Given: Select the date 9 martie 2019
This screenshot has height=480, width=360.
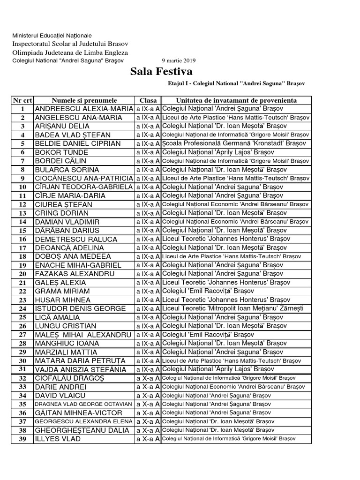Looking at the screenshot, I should tap(179, 60).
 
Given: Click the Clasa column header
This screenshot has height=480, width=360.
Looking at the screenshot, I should tap(148, 100).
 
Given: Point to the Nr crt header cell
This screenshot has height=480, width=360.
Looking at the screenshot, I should tap(22, 100).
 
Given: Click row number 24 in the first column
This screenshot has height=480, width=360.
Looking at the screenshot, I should tap(22, 309).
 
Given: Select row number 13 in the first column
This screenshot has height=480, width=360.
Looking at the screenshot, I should tap(22, 213).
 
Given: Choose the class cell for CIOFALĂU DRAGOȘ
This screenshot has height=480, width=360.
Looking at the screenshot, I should tap(148, 378).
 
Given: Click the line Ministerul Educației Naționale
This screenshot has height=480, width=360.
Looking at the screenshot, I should tap(52, 36).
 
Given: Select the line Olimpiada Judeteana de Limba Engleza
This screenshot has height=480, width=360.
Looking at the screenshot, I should tap(70, 52).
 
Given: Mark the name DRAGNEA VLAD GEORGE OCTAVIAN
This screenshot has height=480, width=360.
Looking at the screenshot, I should tap(84, 404).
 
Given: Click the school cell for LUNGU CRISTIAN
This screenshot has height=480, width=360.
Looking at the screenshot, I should tap(225, 326).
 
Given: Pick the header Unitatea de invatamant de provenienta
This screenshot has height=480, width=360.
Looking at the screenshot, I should tap(236, 100).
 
